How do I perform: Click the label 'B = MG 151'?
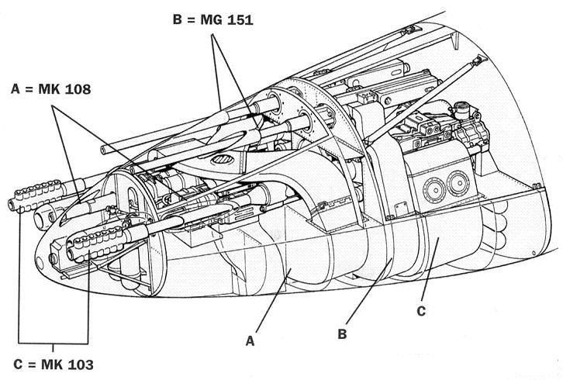213,19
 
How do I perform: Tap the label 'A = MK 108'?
51,88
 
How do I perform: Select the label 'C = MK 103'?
54,364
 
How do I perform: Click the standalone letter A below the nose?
250,341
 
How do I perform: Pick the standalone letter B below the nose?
342,333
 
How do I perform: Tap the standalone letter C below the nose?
421,311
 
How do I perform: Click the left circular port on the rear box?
434,188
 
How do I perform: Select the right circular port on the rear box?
458,183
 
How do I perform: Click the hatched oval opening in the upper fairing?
223,159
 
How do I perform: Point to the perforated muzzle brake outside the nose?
35,195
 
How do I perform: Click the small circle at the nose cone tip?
40,264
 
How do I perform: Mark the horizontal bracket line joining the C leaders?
54,344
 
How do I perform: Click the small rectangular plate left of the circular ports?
402,209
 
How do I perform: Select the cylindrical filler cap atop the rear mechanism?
461,109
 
